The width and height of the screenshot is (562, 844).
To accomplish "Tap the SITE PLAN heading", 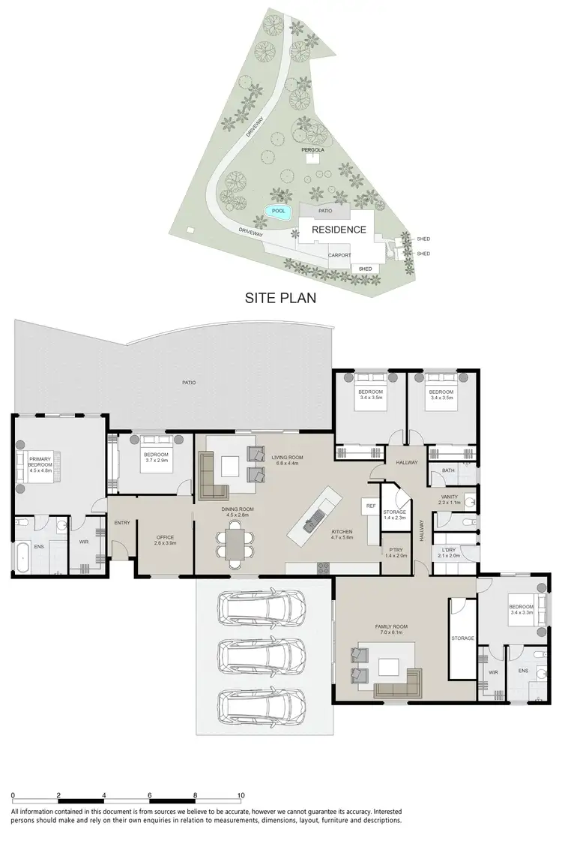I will (x=281, y=298).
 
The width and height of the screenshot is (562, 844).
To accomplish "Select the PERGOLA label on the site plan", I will (x=312, y=150).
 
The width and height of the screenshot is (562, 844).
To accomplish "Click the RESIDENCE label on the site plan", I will (x=339, y=230).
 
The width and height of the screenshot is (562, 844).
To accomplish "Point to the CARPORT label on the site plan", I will (x=339, y=255).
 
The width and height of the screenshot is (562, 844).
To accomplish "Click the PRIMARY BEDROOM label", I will (x=39, y=461).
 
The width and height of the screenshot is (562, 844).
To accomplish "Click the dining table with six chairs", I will (x=235, y=542).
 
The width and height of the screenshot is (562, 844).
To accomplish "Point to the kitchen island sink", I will (x=314, y=518).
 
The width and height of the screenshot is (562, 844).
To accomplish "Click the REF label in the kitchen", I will (x=370, y=506).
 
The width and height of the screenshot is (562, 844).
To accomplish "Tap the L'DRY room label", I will (x=448, y=552).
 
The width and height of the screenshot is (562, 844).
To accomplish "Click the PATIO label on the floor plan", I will (x=188, y=383).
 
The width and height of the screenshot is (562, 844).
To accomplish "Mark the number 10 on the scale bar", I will (x=241, y=794).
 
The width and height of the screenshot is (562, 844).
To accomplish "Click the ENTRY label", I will (x=121, y=524).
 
